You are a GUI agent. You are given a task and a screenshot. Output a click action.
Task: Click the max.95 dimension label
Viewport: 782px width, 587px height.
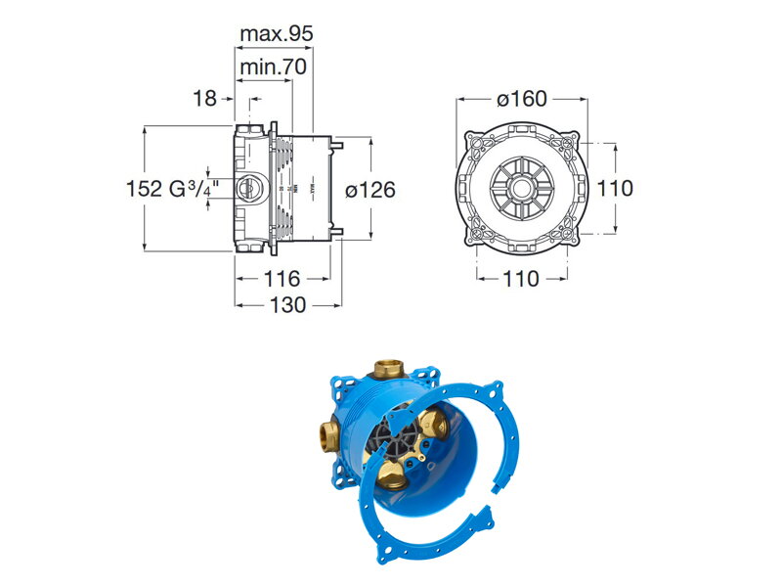coord(277,34)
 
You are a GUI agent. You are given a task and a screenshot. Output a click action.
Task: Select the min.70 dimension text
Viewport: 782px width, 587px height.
coord(274,67)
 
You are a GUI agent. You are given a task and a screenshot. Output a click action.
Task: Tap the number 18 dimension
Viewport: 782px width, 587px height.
coord(204,99)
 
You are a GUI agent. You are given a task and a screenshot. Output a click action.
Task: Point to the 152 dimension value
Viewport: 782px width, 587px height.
coord(145,189)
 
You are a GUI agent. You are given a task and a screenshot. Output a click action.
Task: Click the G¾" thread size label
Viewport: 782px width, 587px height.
coord(195,189)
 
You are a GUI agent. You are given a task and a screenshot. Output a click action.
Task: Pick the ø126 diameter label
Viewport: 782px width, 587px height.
coord(370,190)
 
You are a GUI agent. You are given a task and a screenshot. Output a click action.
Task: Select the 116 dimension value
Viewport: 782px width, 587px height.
coord(282,279)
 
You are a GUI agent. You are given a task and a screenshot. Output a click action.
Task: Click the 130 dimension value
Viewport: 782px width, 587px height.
coord(287,305)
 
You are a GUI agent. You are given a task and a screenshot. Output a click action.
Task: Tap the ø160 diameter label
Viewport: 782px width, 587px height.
coord(522,99)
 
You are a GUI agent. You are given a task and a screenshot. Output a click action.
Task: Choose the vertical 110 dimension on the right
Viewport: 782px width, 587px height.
coord(615,189)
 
